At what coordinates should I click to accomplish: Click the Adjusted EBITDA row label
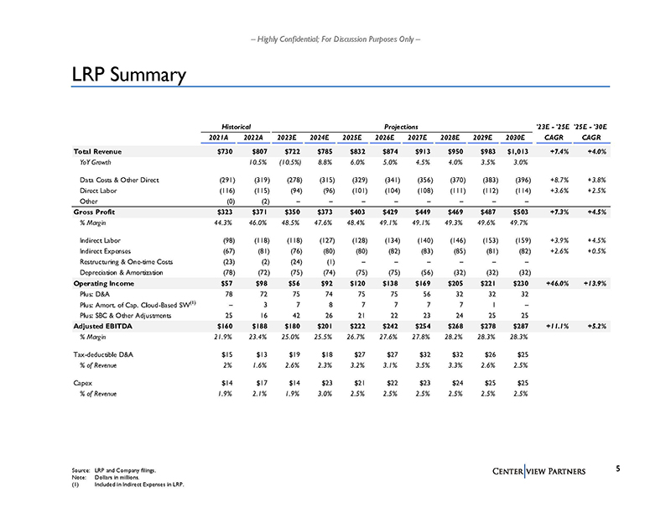[x=101, y=324]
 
